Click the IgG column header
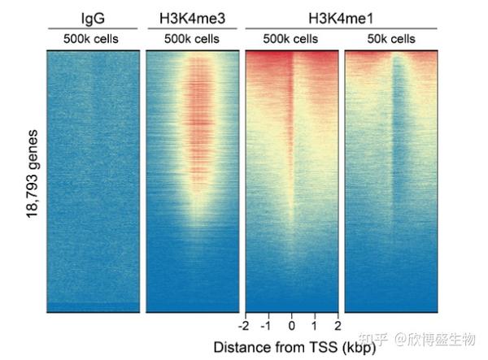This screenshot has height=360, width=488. point(94,16)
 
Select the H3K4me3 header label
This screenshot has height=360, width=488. point(194,16)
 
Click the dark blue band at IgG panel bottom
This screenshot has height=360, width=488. point(94,307)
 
